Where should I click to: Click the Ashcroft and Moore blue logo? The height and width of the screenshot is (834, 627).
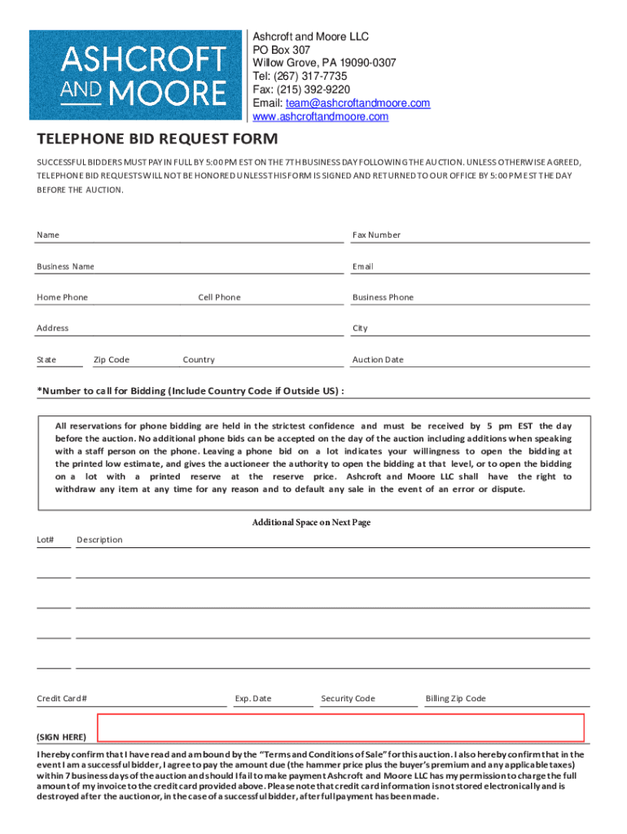(137, 75)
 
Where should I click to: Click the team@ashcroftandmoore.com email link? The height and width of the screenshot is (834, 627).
(357, 103)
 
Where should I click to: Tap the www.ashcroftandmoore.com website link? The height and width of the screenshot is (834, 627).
(320, 116)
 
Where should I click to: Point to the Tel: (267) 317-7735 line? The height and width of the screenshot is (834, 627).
(300, 77)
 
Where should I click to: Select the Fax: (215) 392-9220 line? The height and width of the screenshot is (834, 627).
(301, 90)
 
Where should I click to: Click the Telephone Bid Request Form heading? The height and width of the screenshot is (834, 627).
(157, 139)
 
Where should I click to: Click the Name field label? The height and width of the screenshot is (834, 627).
(48, 235)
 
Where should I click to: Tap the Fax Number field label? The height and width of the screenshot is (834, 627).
(376, 235)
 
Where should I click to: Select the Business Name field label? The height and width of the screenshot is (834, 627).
(65, 266)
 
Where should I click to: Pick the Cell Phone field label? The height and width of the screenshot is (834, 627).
(219, 297)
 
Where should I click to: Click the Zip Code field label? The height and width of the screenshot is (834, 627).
(112, 360)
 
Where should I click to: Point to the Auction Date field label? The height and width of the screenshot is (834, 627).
(378, 360)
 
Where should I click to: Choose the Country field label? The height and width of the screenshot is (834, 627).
(199, 360)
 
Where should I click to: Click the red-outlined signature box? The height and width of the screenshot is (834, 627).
(340, 727)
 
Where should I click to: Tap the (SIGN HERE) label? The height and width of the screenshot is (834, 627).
(61, 737)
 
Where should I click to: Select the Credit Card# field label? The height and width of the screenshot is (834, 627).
(62, 699)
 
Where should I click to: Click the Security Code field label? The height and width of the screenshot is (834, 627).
(348, 699)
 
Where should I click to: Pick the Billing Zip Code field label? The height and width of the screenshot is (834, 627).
(455, 699)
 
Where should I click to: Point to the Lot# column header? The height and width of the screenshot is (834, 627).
(46, 540)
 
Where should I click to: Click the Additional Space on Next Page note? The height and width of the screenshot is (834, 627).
(311, 522)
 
